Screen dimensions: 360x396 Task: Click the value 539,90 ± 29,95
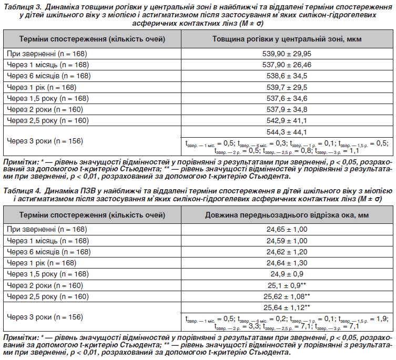click(x=287, y=54)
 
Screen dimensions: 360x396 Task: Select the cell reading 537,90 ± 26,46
click(x=287, y=65)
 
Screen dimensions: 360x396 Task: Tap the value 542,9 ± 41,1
click(x=287, y=120)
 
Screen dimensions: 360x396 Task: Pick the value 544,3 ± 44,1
click(x=287, y=131)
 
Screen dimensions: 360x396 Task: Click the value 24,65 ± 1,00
click(x=287, y=229)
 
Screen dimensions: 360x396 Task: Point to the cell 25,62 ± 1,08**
click(x=287, y=296)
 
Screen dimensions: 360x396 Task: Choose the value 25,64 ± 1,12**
click(x=287, y=307)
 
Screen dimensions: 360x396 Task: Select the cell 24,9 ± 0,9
click(x=287, y=274)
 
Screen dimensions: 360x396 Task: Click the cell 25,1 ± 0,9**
click(x=287, y=285)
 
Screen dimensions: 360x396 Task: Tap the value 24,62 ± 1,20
click(x=287, y=251)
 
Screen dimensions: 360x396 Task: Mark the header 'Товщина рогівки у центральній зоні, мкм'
click(x=287, y=39)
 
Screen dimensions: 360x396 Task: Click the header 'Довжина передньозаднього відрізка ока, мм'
click(x=287, y=215)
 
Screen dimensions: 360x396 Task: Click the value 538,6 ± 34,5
click(x=287, y=76)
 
